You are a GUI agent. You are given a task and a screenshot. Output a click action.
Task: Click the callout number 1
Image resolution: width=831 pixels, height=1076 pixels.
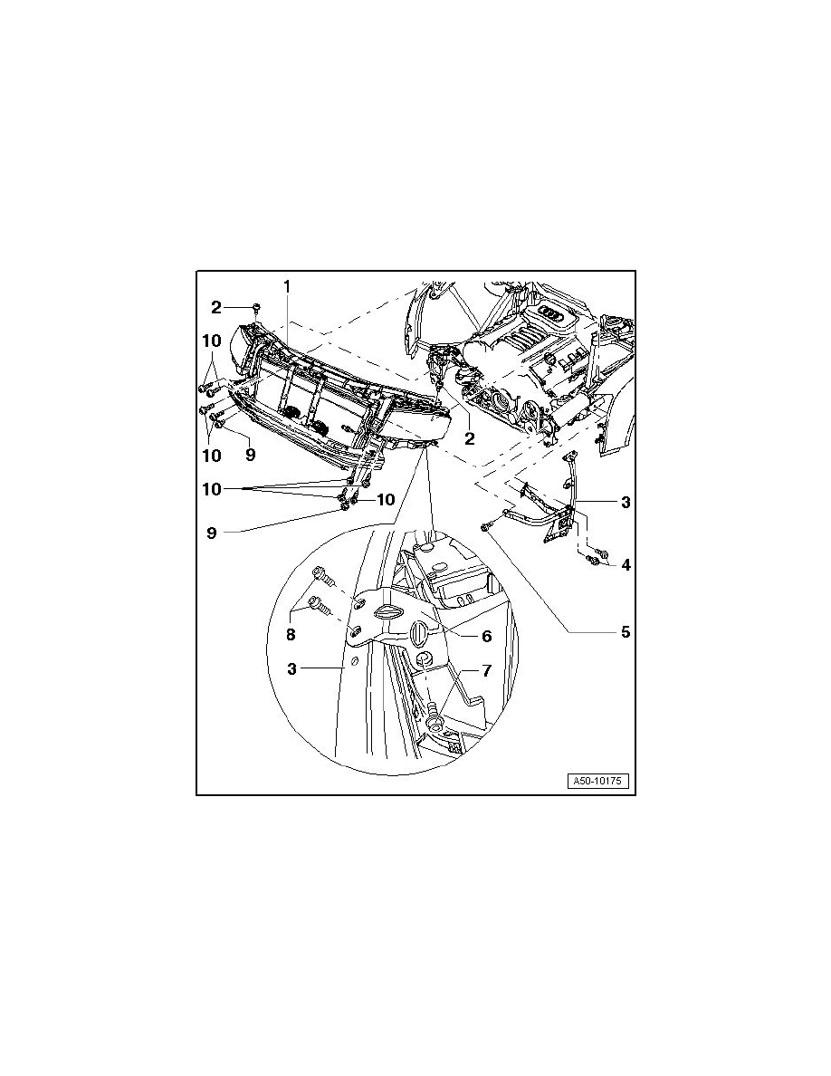tap(287, 286)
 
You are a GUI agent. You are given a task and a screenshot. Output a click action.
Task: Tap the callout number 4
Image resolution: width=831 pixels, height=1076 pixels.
tap(626, 565)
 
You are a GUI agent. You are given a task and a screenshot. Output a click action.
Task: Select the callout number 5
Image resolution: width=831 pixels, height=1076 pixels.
tap(626, 631)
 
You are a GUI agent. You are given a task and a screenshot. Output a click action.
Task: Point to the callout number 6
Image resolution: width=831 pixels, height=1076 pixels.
tap(486, 636)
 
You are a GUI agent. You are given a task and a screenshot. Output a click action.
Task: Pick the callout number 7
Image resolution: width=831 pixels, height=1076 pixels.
tap(486, 670)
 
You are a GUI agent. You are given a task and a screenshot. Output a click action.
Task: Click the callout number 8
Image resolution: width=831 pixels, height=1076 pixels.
tap(291, 635)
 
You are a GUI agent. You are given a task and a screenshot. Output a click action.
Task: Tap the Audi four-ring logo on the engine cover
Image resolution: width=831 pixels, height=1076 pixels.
tap(552, 312)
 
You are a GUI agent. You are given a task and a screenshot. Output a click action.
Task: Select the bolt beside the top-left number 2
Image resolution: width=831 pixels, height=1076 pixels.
tap(256, 306)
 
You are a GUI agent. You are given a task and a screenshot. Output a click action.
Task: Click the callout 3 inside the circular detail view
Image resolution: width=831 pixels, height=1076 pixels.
tap(292, 668)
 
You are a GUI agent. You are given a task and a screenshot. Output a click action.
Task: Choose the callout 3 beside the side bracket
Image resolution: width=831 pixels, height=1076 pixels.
tap(626, 503)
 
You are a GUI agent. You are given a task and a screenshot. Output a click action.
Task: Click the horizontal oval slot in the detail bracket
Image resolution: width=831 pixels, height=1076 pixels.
tap(389, 612)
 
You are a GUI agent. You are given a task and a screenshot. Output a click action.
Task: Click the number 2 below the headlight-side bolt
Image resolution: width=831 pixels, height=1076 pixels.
tap(470, 438)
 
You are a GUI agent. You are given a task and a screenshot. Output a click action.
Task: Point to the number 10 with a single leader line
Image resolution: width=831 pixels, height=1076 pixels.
tap(386, 500)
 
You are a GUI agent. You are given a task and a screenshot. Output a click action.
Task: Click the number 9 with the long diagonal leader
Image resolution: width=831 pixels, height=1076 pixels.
tap(212, 533)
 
